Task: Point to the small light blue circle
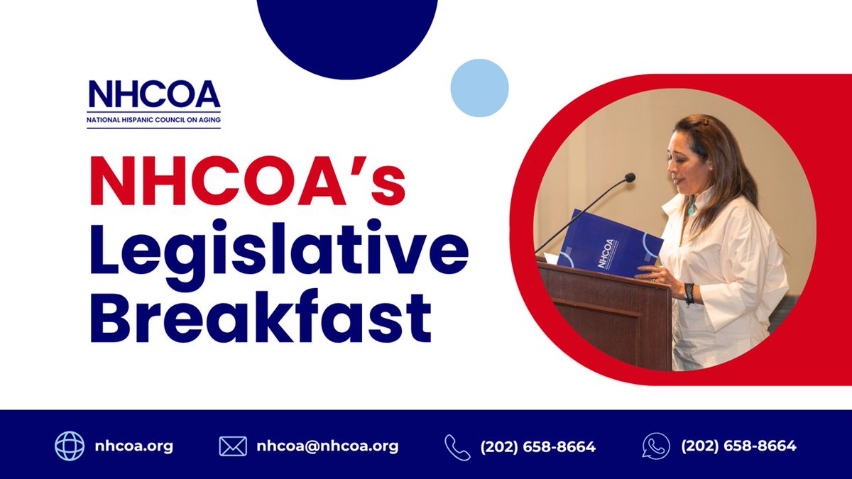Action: pyautogui.click(x=479, y=88)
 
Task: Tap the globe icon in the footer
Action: pyautogui.click(x=70, y=446)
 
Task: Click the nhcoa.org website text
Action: pyautogui.click(x=134, y=446)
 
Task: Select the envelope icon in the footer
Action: pyautogui.click(x=233, y=446)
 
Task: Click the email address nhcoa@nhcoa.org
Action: pyautogui.click(x=327, y=446)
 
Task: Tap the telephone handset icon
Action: pyautogui.click(x=457, y=447)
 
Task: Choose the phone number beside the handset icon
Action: pyautogui.click(x=537, y=447)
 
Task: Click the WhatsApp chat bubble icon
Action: pyautogui.click(x=655, y=446)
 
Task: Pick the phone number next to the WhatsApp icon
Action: pyautogui.click(x=738, y=446)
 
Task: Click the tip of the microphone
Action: pyautogui.click(x=629, y=177)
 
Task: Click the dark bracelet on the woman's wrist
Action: pyautogui.click(x=689, y=293)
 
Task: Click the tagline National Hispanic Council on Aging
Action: pyautogui.click(x=154, y=121)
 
